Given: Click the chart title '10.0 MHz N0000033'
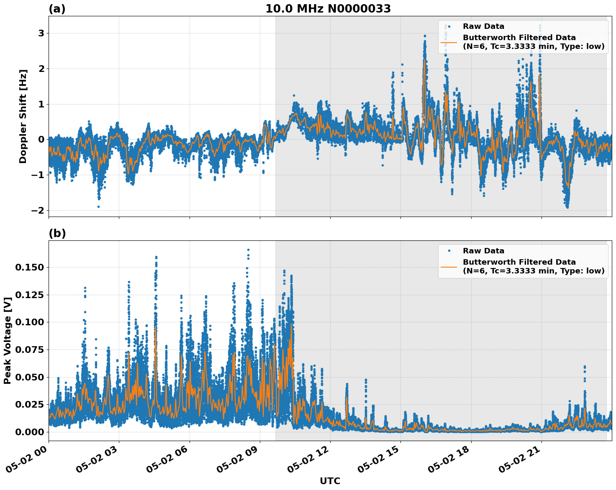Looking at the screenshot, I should (x=328, y=9).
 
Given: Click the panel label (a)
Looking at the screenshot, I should (x=57, y=9).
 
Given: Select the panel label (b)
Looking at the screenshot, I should (x=57, y=233).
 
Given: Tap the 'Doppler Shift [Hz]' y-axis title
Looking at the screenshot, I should (x=23, y=116).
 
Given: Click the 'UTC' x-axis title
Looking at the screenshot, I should (x=330, y=481).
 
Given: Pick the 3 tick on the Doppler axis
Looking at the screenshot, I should (x=41, y=33).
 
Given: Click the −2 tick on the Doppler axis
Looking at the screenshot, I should (x=38, y=210).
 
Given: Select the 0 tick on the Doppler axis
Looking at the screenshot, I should (x=41, y=140).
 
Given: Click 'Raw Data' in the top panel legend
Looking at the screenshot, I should (x=483, y=27).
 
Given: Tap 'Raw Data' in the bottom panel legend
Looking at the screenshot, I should (x=483, y=251).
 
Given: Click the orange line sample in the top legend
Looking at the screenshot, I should (x=449, y=42).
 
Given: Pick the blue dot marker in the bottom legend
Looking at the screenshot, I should (x=449, y=251).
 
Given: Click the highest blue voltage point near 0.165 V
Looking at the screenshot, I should (x=248, y=250).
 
